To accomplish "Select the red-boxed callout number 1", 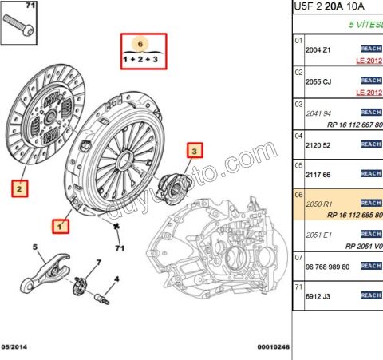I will point(59,227).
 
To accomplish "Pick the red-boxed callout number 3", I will point(195,149).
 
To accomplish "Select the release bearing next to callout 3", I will point(172,185).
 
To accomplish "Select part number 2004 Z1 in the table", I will point(319,49).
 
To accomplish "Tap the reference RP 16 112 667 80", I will point(355,125).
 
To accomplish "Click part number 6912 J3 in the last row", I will point(319,296).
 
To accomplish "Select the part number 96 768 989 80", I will point(328,266).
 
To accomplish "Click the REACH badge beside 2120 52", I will point(371,144).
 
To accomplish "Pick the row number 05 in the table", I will point(298,164).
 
